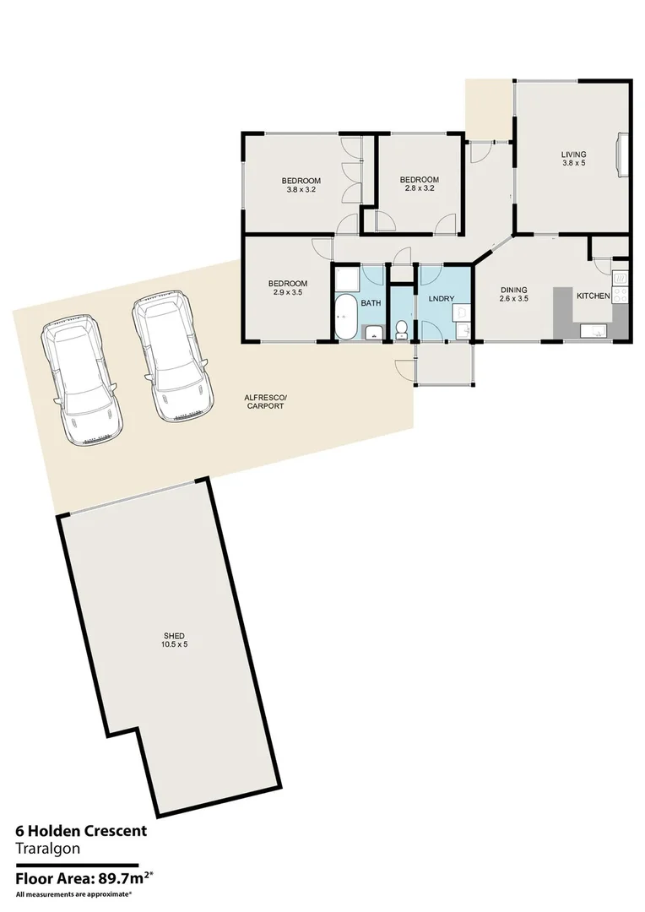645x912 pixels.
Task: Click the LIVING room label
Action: [573, 154]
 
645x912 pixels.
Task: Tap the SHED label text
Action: [175, 635]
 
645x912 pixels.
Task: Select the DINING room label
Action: [513, 289]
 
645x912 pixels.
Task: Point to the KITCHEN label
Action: [594, 296]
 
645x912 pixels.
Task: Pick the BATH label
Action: [371, 302]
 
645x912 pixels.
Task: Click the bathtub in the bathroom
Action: [346, 318]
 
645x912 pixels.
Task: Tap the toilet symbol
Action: [402, 328]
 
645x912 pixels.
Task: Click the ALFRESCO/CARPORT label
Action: [264, 401]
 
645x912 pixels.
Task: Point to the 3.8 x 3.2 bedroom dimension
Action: [301, 190]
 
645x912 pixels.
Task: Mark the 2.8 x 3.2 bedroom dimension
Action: [420, 189]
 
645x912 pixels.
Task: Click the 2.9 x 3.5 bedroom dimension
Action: [288, 293]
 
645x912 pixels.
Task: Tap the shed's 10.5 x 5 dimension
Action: [175, 645]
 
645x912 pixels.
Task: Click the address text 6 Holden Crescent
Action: [81, 830]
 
